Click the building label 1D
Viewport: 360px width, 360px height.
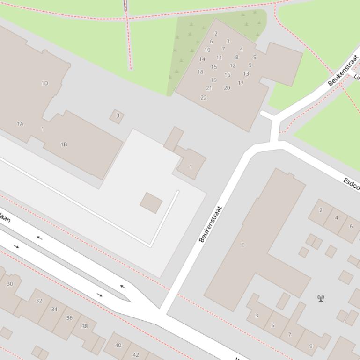coord(45,83)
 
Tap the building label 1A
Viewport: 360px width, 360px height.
coord(20,124)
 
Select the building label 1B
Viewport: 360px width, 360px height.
coord(64,144)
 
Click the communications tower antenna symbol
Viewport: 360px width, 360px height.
coord(321,298)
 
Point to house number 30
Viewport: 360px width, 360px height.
coord(10,284)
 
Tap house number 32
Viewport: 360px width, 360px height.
coord(39,301)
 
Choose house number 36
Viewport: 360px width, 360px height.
coord(69,318)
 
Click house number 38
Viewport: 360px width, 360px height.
coord(84,326)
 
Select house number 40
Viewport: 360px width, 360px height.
coord(118,346)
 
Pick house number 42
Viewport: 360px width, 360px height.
coord(136,355)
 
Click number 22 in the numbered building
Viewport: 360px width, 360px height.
coord(204,98)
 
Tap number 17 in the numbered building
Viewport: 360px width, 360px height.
coord(241,83)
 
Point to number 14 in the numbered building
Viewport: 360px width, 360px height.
coord(202,59)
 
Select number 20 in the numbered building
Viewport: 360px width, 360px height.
coord(227,88)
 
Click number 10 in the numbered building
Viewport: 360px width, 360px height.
coord(207,50)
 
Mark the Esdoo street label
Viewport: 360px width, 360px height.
coord(352,184)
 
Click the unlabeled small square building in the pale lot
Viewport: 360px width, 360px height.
coord(151,203)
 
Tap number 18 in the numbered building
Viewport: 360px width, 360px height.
coord(200,72)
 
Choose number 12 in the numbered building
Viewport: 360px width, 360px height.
coord(233,66)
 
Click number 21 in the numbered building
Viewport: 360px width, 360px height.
coord(209,88)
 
